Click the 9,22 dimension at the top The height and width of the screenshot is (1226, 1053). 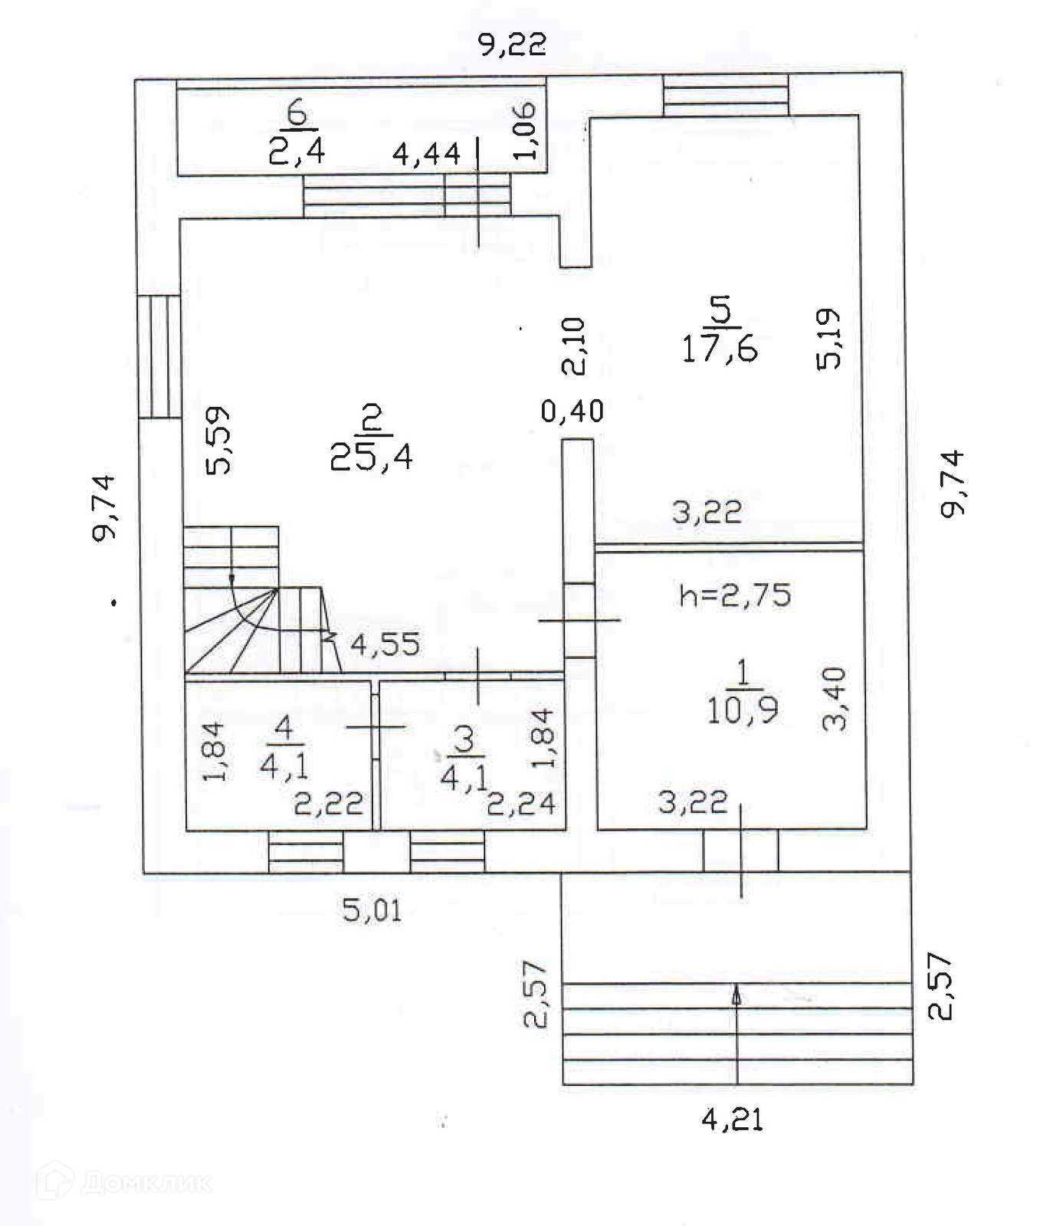(x=512, y=45)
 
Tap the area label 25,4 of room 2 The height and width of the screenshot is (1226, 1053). (x=372, y=457)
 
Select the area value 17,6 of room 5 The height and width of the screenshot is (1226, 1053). (x=719, y=349)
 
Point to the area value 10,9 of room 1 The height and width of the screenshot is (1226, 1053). (x=742, y=710)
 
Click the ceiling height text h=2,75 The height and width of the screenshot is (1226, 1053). (x=735, y=595)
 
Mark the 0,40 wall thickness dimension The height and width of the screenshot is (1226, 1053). (x=572, y=411)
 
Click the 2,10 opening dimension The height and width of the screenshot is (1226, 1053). (x=574, y=346)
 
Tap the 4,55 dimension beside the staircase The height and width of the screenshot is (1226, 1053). (x=385, y=644)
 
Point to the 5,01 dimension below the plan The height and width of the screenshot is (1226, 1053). (x=371, y=911)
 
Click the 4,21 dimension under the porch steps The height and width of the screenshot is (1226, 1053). (x=732, y=1121)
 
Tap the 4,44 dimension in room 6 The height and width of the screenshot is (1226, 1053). (x=426, y=155)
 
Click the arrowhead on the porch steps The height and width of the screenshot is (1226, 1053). (x=737, y=995)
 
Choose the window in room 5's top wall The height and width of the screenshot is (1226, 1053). (x=725, y=96)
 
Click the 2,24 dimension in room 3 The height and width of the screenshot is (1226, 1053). (x=521, y=804)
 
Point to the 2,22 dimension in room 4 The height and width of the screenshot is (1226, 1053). (x=328, y=804)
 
